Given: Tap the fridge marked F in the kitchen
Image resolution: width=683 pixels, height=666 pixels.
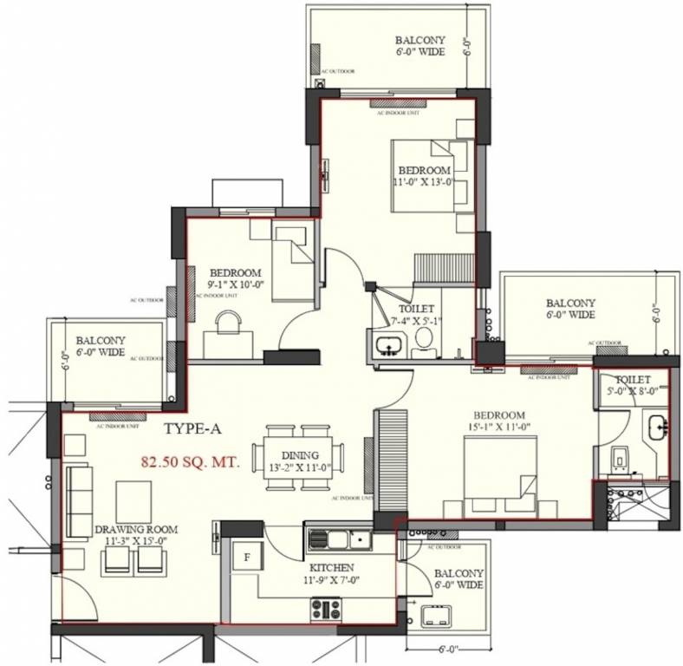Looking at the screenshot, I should (246, 557).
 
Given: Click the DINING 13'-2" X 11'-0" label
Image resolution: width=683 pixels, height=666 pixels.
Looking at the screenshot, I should (299, 461).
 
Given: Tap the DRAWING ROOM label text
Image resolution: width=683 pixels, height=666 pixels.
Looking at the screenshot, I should (137, 529).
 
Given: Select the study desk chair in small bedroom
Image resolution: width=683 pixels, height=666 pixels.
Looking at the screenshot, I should (227, 326).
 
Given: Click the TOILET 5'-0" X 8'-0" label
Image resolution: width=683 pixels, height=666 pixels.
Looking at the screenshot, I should (634, 385).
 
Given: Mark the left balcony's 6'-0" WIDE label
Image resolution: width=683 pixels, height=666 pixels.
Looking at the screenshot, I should (100, 353).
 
